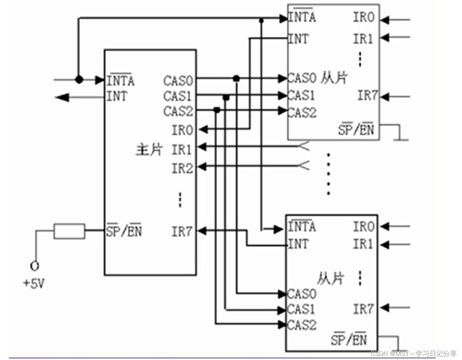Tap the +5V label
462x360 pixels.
coord(33,283)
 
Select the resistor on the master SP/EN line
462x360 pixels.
coord(69,231)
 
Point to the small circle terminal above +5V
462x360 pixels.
coord(35,266)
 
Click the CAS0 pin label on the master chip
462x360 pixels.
coord(178,81)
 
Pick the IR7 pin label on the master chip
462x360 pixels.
coord(182,232)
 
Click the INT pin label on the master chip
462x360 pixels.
coord(117,96)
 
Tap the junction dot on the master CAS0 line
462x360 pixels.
coord(236,79)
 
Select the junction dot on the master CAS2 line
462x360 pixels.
coord(217,110)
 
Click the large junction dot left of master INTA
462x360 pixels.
coord(79,80)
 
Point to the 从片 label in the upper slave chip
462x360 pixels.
coord(334,78)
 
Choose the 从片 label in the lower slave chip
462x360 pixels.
coord(330,278)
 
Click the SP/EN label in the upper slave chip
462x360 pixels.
coord(356,129)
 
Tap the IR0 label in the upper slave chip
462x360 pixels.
coord(363,17)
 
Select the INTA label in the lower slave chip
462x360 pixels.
coord(302,227)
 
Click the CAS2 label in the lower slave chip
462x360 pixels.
coord(302,325)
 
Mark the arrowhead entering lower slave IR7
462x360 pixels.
coord(384,307)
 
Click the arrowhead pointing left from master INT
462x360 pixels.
coord(62,97)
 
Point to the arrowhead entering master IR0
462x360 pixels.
coord(203,130)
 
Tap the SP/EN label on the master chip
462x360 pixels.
coord(124,231)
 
